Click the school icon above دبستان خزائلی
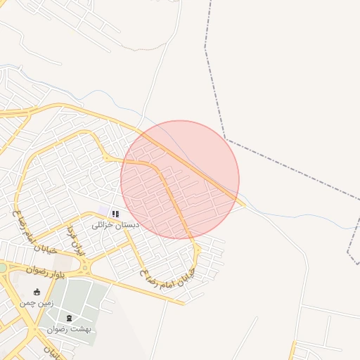click(116, 214)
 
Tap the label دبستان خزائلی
click(116, 225)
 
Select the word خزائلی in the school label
click(104, 225)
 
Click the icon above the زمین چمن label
click(37, 292)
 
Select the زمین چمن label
click(37, 302)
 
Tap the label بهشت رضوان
click(70, 329)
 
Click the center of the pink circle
click(180, 179)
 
